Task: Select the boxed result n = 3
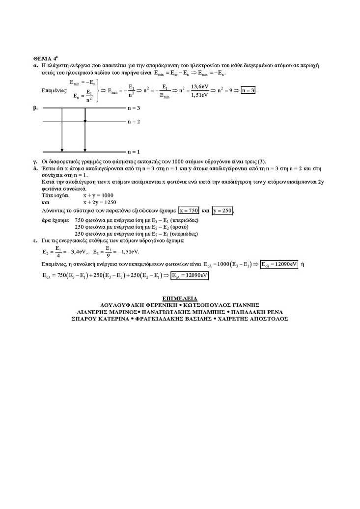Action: (249, 91)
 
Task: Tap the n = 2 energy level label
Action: (134, 121)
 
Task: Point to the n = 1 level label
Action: (134, 152)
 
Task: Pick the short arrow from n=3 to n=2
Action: (85, 114)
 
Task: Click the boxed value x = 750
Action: (189, 211)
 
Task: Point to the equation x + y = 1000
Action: (98, 195)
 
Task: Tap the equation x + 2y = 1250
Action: (100, 202)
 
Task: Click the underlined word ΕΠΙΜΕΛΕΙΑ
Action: (179, 298)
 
